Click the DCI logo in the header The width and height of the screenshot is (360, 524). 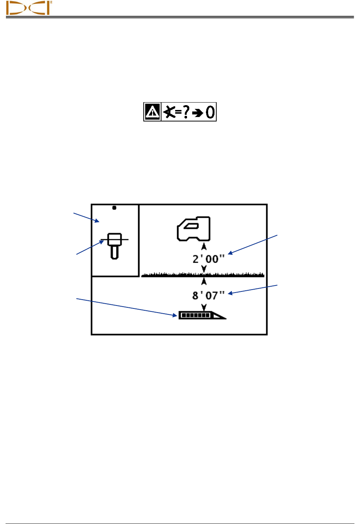click(x=29, y=8)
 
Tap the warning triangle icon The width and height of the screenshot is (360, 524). click(x=152, y=112)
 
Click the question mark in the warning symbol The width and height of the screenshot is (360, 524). click(x=186, y=111)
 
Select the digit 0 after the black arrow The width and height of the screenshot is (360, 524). click(x=210, y=112)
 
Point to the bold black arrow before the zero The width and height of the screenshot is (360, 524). click(x=198, y=113)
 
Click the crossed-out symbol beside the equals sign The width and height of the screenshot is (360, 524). click(x=169, y=111)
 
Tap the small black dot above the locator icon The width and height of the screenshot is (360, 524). click(x=114, y=208)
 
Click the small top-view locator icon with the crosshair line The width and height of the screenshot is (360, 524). click(x=114, y=245)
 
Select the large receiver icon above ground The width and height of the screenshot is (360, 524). click(x=194, y=229)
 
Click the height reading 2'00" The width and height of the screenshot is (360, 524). click(x=208, y=259)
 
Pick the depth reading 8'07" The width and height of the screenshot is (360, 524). click(x=208, y=296)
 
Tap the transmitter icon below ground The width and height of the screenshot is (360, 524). click(x=202, y=315)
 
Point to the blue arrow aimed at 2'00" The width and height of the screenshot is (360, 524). click(x=253, y=244)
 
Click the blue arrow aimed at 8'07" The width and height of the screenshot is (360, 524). click(x=253, y=289)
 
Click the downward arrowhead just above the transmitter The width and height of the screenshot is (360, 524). click(x=204, y=307)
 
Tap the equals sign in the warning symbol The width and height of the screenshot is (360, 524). click(x=179, y=112)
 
